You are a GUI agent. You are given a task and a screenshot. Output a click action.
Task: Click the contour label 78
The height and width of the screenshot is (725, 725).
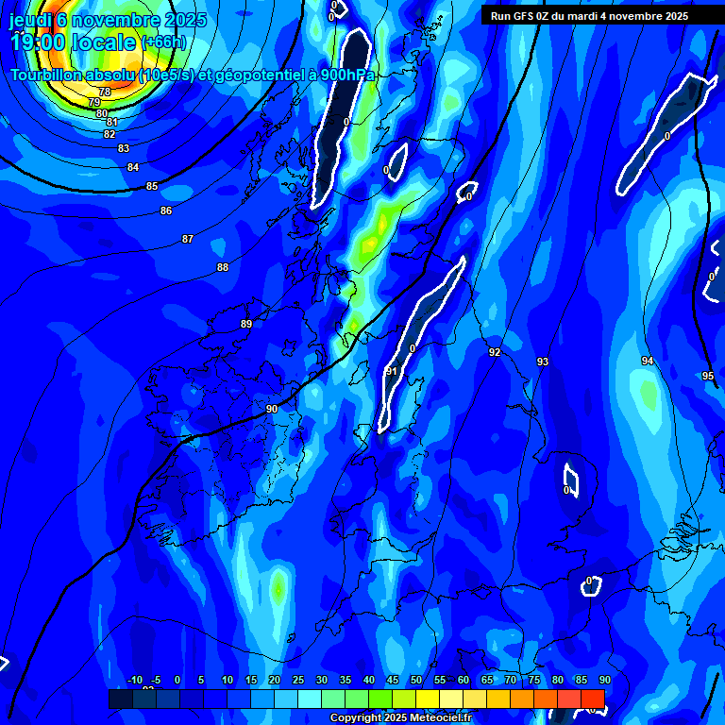pos(105,92)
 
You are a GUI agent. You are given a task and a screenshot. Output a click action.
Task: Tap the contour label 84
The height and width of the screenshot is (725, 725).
pos(133,167)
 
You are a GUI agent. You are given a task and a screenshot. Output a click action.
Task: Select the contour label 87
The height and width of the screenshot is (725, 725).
pos(188,239)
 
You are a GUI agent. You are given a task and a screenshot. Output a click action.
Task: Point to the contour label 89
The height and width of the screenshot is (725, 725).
pos(246,324)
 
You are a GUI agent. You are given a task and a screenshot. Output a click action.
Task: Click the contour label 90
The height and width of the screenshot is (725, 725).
pos(272,409)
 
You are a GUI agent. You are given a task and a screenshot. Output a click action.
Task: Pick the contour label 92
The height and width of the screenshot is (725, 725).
pos(495,352)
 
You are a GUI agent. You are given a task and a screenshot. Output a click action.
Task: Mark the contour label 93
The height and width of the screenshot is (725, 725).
pos(543,362)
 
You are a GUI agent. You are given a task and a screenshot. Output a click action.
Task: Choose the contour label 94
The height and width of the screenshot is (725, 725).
pos(648,362)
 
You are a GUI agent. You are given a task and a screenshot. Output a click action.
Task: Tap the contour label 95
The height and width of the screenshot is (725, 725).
pos(709,376)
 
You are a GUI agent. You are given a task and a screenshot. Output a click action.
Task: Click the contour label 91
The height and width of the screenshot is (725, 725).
pos(392,371)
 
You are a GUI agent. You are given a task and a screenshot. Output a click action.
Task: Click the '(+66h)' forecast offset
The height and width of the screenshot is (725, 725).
pos(164,42)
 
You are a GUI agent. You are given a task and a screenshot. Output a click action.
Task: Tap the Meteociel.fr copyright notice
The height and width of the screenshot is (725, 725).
pos(400,718)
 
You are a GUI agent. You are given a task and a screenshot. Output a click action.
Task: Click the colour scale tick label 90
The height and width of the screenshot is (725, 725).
pos(604,680)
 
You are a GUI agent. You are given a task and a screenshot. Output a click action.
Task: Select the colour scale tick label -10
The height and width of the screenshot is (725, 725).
pos(134,680)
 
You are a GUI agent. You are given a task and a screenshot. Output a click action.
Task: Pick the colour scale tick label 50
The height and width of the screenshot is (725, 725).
pos(416,680)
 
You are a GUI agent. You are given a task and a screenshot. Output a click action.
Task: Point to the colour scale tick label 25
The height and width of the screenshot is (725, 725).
pos(298,680)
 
